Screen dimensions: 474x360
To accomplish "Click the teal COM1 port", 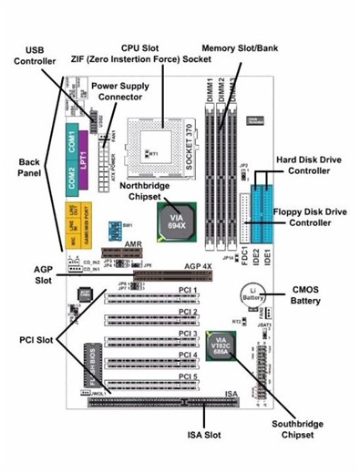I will pos(73,141).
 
